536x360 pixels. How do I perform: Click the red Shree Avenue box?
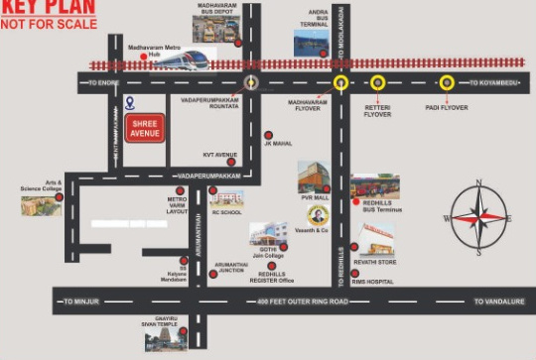(145, 128)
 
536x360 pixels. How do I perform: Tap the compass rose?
(479, 217)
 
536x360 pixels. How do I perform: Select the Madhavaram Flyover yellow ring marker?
(340, 83)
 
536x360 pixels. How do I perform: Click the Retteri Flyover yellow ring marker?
(377, 83)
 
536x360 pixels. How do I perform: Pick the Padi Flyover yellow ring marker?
(447, 83)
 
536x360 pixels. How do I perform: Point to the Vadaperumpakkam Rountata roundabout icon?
(250, 83)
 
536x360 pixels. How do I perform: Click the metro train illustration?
(185, 60)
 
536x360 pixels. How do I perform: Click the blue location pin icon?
(129, 103)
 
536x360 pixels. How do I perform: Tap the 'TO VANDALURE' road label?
(497, 300)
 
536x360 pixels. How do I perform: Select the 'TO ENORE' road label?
(104, 83)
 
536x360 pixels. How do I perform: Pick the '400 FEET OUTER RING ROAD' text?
(304, 300)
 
